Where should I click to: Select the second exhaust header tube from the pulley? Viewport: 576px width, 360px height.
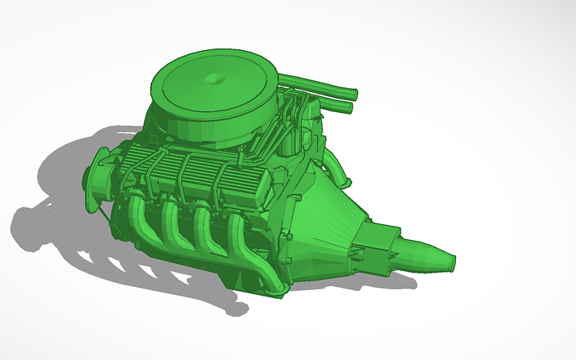(x=173, y=223)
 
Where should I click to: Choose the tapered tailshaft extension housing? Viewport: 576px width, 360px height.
(x=425, y=253)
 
